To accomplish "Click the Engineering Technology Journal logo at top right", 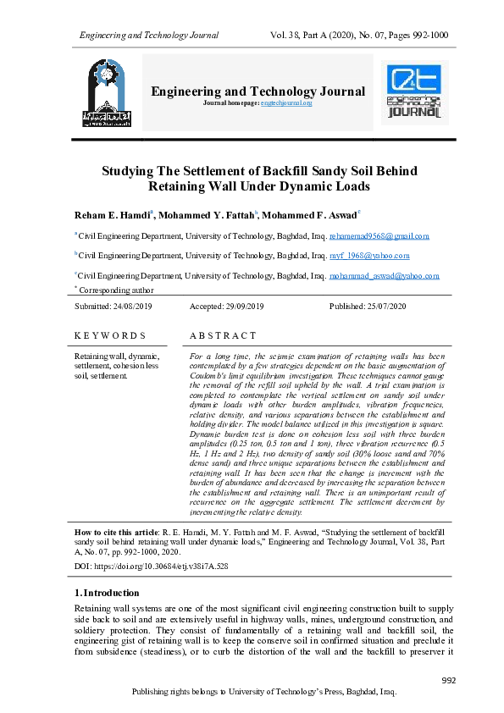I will (x=414, y=91).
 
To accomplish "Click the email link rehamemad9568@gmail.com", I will (x=379, y=236).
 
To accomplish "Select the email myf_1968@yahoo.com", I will (x=370, y=255).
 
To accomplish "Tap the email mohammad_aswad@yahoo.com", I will (x=385, y=275).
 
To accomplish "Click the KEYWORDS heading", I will (x=110, y=336).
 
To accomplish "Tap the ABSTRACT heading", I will (x=223, y=336).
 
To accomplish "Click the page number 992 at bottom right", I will (x=450, y=682).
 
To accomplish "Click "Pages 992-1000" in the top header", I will (x=413, y=36).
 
